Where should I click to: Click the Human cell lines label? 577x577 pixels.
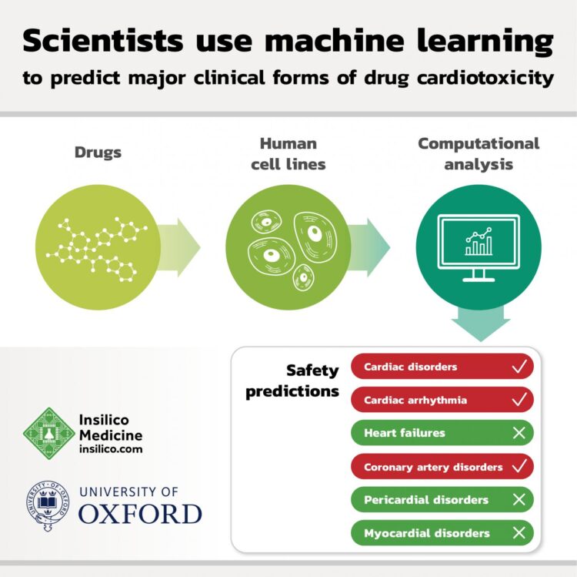click(288, 153)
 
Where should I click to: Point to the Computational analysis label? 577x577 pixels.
click(478, 153)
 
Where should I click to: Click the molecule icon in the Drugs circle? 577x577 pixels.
click(92, 247)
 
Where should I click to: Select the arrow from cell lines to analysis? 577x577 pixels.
click(369, 247)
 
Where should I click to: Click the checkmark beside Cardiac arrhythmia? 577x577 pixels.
click(519, 400)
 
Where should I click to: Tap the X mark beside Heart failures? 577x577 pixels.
click(519, 433)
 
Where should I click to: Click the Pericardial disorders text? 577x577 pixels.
click(426, 499)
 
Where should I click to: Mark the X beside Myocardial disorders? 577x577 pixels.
click(519, 532)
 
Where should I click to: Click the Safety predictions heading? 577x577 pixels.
click(292, 381)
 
